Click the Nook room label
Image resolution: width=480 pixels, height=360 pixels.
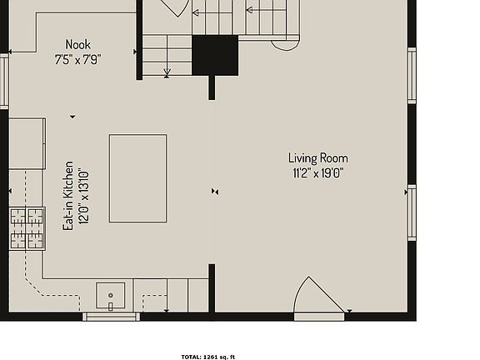coord(78,44)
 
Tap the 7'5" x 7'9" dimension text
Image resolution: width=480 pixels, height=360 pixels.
coord(78,59)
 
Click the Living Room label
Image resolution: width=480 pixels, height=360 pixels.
coord(317,158)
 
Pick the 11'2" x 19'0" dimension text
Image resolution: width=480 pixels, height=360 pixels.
coord(317,173)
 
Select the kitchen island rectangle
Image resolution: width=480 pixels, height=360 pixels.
coord(137,178)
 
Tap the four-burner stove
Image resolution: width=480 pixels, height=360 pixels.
coord(27,228)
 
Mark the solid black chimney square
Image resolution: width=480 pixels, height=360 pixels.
coord(215,56)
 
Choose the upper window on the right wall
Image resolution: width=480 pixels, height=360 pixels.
coord(412,75)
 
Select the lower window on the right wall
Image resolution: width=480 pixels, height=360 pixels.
coord(412,212)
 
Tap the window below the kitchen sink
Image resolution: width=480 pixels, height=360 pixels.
coord(111,316)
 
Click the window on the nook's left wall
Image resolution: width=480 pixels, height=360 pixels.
coord(4,80)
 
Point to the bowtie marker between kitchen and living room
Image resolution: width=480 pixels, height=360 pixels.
coord(215,192)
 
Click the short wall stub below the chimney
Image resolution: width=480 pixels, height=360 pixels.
coord(212,87)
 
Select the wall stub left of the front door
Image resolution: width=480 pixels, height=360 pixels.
coord(212,290)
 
